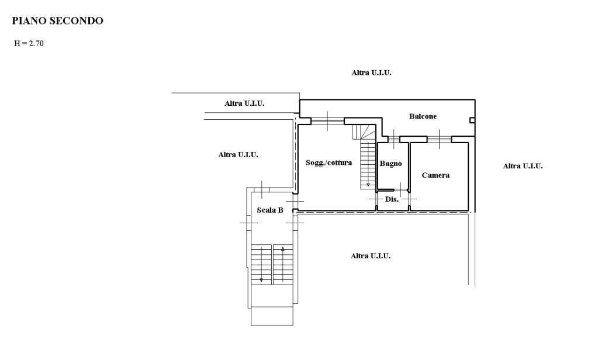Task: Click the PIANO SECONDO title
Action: coord(58,20)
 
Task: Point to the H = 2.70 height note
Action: coord(29,43)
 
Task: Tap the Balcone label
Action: coord(423,116)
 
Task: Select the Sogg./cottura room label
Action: coord(329,162)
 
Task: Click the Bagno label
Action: coord(390,163)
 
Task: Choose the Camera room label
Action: coord(436,175)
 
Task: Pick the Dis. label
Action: coord(392,199)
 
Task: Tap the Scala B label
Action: coord(270,210)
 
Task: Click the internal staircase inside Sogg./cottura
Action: coord(364,157)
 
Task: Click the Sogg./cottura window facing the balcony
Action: coord(327,121)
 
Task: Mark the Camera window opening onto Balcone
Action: coord(439,139)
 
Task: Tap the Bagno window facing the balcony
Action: coord(393,139)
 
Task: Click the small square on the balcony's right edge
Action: coord(472,120)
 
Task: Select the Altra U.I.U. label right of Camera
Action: coord(523,166)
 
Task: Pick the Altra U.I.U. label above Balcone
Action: coord(371,72)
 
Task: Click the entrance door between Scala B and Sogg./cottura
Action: coord(295,202)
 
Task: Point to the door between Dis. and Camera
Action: coord(409,199)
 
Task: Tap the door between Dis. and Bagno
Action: coord(401,190)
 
